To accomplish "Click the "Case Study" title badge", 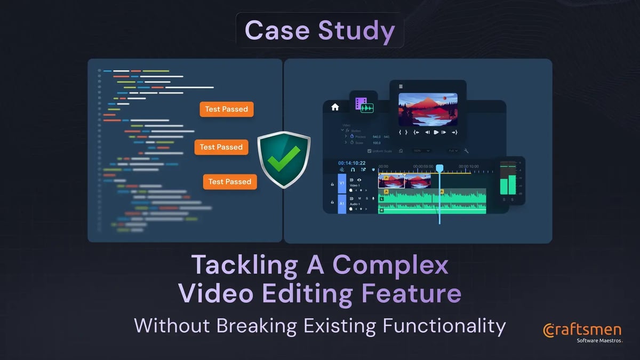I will click(319, 31).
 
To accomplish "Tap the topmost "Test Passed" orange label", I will click(227, 109).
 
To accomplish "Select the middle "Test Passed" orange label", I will click(221, 147).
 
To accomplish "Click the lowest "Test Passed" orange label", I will click(229, 182).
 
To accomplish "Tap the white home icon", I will click(335, 107).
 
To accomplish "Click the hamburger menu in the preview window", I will click(401, 86).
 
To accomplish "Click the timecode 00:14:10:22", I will click(351, 163).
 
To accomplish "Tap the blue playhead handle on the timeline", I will click(439, 169).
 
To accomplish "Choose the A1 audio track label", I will click(342, 203).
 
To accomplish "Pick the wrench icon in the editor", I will click(466, 151).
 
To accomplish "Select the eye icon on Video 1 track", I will click(359, 180).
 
